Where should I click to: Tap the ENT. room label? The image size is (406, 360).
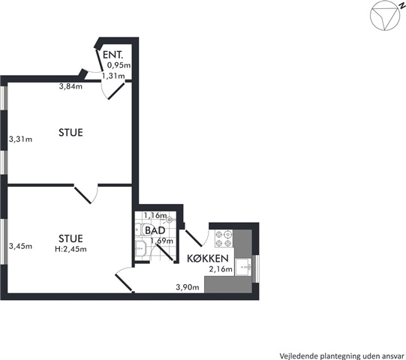113,55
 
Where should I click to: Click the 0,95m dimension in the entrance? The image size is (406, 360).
119,65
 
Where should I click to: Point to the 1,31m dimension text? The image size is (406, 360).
113,76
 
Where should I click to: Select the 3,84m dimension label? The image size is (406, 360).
71,86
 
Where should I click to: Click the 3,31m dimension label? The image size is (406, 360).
21,139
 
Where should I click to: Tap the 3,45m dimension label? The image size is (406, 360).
21,246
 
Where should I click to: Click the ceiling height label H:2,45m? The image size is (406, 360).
71,249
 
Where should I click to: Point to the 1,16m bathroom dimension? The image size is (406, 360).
155,215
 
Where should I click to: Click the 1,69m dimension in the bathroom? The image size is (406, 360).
162,241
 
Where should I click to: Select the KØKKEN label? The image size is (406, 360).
208,258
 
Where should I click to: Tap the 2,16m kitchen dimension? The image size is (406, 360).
221,269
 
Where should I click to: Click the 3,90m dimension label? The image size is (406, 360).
188,286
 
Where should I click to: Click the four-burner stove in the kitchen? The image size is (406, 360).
224,238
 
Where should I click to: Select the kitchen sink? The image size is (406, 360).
243,267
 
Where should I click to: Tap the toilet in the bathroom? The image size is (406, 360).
140,229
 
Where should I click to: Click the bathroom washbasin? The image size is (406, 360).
140,249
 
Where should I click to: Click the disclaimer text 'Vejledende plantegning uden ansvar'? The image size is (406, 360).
342,355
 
